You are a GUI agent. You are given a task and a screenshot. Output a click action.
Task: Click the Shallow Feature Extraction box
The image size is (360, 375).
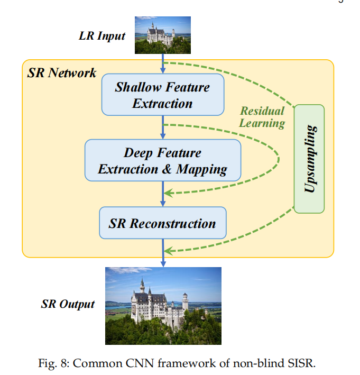point(163,95)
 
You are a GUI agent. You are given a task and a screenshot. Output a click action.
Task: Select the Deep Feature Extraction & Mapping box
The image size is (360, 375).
point(162,161)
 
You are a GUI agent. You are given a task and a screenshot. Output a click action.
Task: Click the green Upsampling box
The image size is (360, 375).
point(309,159)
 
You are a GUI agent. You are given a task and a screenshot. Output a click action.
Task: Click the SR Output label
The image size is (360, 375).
point(68,304)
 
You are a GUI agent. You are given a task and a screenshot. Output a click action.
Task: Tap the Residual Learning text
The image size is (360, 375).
point(263,117)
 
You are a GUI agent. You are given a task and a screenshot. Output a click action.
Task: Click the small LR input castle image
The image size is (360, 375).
point(162,35)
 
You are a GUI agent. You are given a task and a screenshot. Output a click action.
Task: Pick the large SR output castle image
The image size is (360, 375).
point(163,306)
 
